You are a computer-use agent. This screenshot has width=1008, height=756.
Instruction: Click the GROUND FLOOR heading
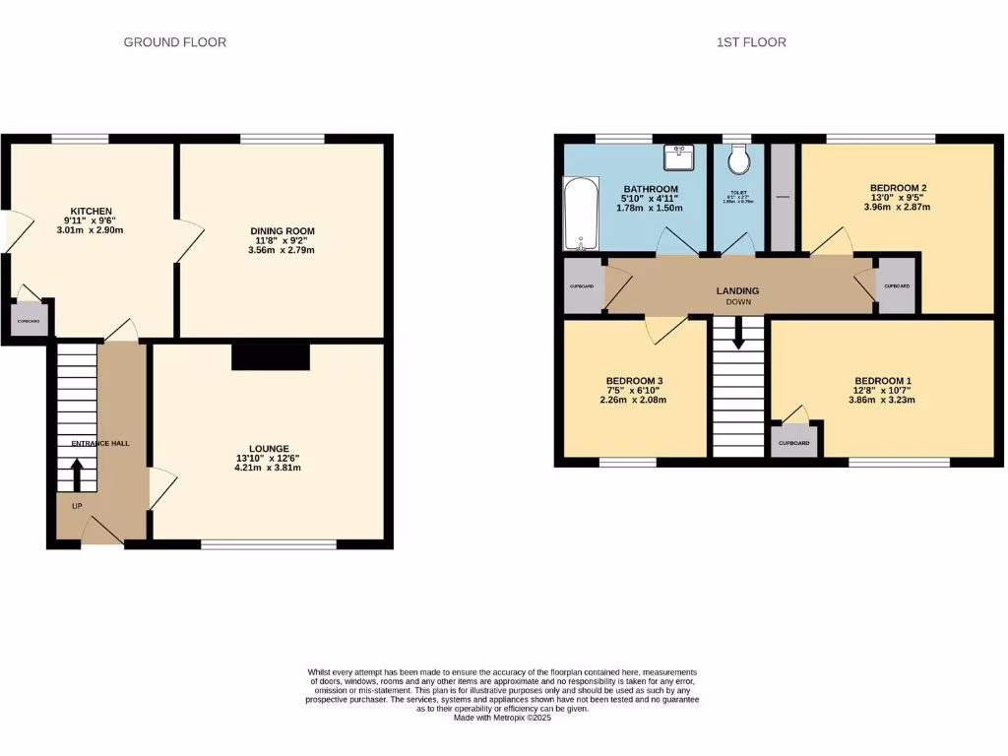click(x=174, y=42)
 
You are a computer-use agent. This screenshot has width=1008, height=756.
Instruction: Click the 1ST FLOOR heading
click(x=752, y=42)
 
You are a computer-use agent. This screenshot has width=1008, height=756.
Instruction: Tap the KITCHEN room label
click(x=89, y=211)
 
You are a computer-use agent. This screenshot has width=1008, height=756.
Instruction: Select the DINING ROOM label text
click(x=282, y=230)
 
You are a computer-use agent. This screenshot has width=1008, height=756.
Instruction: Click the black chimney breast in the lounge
click(x=271, y=355)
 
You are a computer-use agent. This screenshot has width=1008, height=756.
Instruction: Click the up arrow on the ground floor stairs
click(x=76, y=475)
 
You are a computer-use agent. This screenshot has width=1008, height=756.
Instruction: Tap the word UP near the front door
click(x=76, y=506)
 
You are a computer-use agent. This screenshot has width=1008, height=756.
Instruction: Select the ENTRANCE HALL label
click(x=100, y=444)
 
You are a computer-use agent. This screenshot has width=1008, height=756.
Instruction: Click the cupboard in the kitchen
click(x=31, y=320)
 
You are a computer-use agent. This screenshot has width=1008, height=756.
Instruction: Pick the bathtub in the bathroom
click(x=580, y=214)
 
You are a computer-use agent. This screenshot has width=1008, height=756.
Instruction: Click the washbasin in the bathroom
click(x=678, y=157)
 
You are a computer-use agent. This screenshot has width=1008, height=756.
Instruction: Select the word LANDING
click(x=737, y=290)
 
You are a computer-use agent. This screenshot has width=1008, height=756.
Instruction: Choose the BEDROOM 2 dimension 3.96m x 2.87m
click(x=897, y=207)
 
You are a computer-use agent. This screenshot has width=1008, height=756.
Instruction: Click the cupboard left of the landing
click(x=582, y=286)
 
